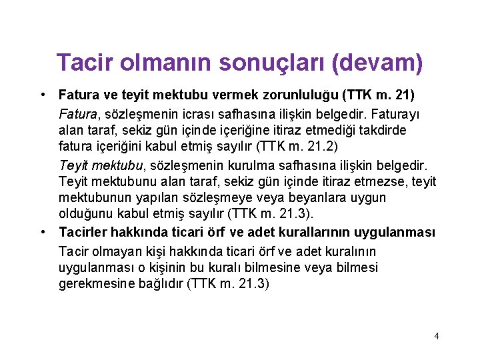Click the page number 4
pyautogui.click(x=436, y=336)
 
